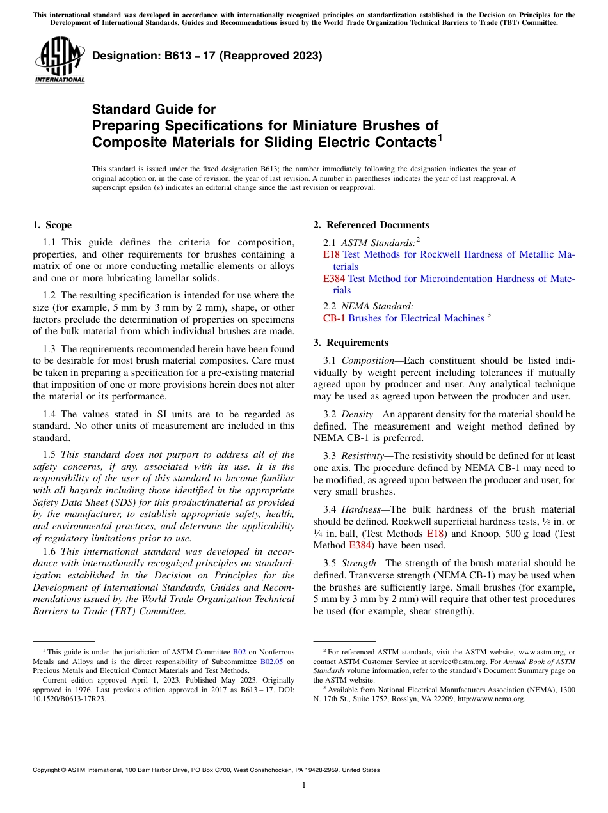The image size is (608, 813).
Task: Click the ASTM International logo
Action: pos(60,60)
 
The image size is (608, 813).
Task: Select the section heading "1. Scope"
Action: pos(52,225)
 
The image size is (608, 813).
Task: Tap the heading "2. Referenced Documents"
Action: pos(371,225)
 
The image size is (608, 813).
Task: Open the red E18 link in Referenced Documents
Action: pos(331,254)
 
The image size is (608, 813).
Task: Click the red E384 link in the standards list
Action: pos(334,279)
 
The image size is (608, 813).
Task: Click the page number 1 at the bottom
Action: pos(304,786)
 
